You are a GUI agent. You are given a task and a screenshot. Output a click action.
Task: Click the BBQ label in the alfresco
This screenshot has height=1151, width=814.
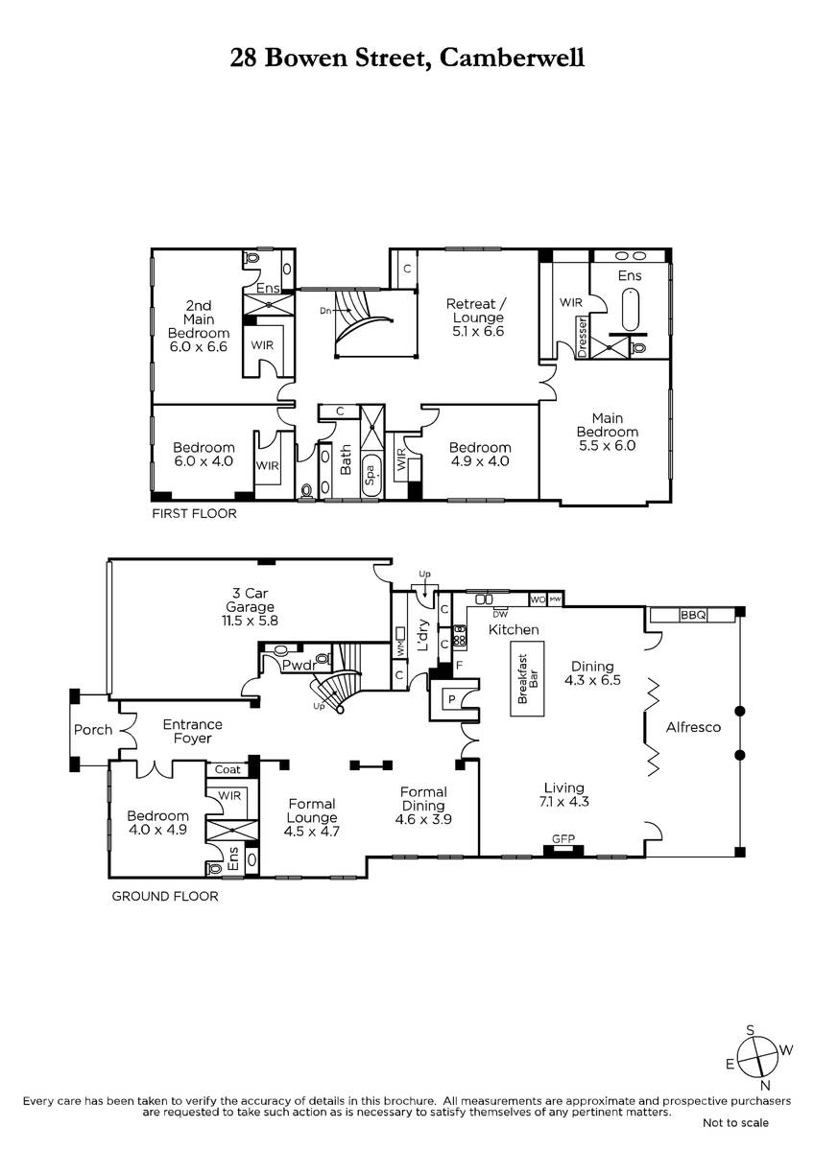click(693, 615)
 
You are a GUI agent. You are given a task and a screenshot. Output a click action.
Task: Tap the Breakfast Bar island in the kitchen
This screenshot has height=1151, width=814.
click(527, 678)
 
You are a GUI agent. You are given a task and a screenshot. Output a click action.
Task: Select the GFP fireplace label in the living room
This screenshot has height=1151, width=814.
click(563, 839)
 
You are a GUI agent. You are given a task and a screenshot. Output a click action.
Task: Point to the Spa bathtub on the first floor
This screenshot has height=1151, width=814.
click(371, 476)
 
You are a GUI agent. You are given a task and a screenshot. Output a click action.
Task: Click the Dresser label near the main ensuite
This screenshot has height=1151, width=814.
click(582, 337)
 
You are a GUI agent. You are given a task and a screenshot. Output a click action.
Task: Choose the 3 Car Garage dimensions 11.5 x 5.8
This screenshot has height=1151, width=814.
click(250, 621)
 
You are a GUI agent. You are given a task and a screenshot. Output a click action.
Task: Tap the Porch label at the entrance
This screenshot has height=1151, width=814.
click(93, 730)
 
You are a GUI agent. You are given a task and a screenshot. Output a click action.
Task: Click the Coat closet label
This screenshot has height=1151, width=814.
click(227, 769)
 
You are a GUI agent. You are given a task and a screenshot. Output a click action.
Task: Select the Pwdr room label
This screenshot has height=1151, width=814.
click(299, 666)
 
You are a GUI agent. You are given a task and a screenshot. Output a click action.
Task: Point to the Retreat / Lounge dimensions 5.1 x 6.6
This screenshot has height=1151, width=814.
click(478, 332)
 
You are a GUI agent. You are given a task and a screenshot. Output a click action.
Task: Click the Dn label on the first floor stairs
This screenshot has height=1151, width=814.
click(325, 311)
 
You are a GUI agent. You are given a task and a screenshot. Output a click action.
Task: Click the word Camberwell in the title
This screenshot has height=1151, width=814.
click(511, 58)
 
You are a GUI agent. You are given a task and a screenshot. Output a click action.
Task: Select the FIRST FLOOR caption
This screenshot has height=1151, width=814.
click(194, 513)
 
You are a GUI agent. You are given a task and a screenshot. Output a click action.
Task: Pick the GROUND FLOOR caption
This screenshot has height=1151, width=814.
click(165, 896)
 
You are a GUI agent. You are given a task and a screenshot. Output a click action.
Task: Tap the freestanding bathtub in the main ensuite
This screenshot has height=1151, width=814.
click(631, 310)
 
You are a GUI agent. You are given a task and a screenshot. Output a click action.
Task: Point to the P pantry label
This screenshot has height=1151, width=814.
click(452, 699)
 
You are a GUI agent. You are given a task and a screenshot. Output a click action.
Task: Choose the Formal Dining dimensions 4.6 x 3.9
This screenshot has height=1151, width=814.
click(423, 819)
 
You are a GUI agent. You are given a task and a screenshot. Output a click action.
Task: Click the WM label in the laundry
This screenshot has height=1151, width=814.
click(399, 650)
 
